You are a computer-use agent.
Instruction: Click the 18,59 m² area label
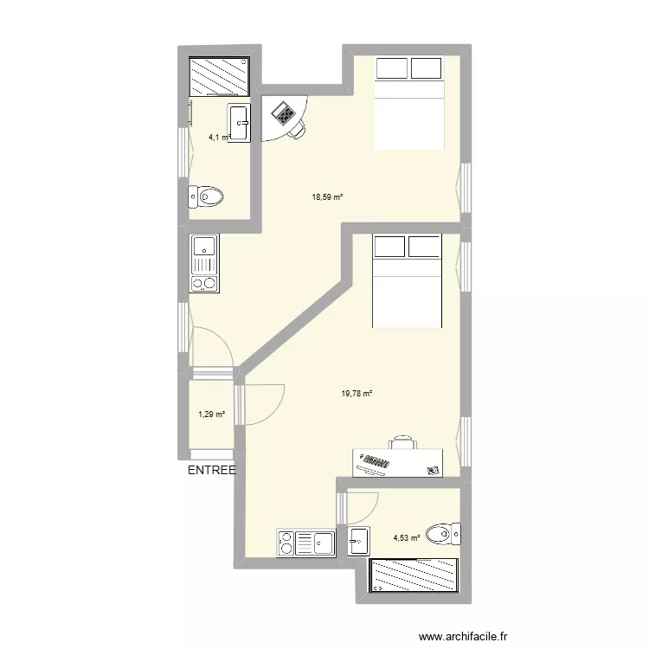[x=327, y=197]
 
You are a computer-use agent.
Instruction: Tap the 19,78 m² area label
[x=357, y=393]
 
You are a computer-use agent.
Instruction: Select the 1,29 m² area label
[x=211, y=414]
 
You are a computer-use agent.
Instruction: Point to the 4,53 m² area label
[x=407, y=537]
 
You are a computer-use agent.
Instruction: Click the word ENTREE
[x=211, y=471]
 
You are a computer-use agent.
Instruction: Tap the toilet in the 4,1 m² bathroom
[x=207, y=197]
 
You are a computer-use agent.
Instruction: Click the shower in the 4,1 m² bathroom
[x=220, y=76]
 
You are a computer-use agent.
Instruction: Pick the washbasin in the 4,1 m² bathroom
[x=239, y=123]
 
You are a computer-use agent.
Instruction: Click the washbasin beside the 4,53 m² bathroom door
[x=359, y=540]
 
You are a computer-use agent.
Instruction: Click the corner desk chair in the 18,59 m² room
[x=297, y=128]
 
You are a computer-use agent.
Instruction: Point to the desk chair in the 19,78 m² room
[x=402, y=442]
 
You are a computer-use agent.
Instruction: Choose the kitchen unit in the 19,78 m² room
[x=305, y=543]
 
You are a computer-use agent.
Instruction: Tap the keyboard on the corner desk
[x=283, y=112]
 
